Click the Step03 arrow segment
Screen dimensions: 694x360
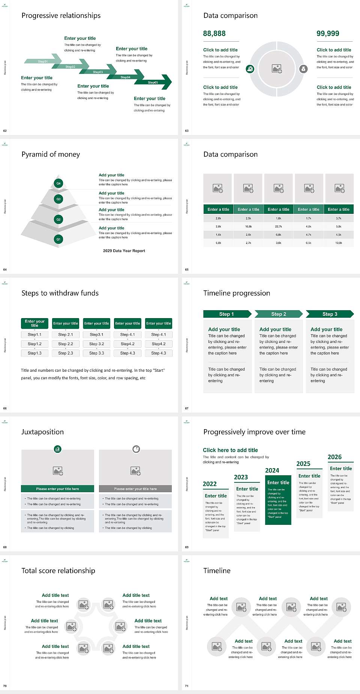point(98,72)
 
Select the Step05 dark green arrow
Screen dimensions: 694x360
point(154,82)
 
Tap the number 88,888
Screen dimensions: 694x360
point(214,33)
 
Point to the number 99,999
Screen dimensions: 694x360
point(328,33)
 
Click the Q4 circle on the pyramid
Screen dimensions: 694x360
point(58,183)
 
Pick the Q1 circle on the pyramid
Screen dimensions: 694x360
point(58,239)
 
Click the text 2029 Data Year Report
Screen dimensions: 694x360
point(124,251)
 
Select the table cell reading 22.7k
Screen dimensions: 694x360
point(278,227)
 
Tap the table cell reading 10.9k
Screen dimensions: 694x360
point(339,243)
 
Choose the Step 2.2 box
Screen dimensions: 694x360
point(66,344)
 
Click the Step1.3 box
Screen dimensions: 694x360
point(34,353)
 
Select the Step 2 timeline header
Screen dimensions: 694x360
point(278,314)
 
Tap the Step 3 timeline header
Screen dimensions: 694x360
point(330,314)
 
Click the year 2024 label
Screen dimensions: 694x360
point(272,470)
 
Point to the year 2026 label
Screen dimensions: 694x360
point(334,457)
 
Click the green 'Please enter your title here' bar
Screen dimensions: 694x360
point(57,489)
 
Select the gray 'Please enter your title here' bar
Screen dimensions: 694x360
point(135,489)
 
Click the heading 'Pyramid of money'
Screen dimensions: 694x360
point(51,154)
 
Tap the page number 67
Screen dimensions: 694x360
point(187,408)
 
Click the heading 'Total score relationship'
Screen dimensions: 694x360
point(58,571)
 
